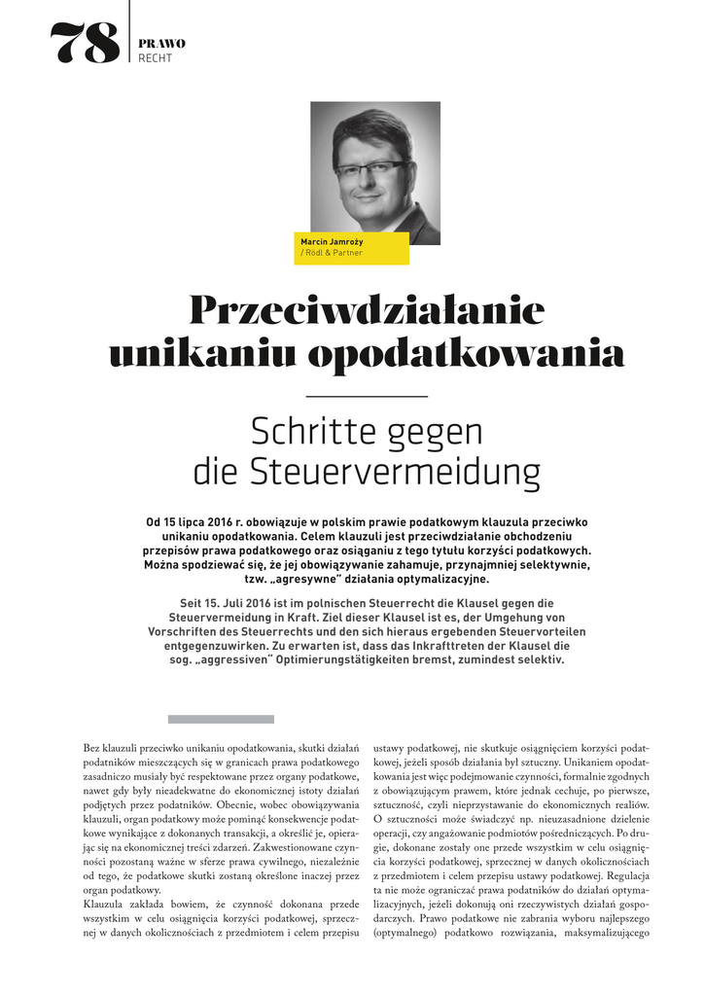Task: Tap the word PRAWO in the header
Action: pyautogui.click(x=162, y=44)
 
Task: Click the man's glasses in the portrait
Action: pyautogui.click(x=370, y=167)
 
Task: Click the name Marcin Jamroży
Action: pyautogui.click(x=330, y=239)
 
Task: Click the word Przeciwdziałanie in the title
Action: pyautogui.click(x=367, y=310)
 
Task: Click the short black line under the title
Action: pyautogui.click(x=367, y=396)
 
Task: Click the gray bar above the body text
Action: pyautogui.click(x=221, y=720)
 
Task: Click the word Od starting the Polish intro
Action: pyautogui.click(x=154, y=522)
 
